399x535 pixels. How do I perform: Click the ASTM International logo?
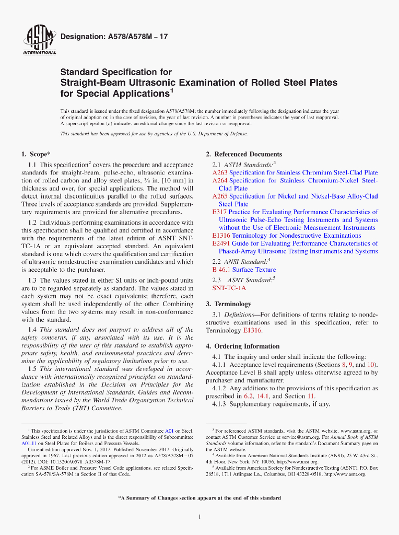pos(40,40)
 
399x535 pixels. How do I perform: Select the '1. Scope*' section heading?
pos(36,154)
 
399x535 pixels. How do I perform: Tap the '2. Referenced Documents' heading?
pos(244,154)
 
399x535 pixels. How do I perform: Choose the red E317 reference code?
pos(219,212)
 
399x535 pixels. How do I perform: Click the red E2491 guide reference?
pos(221,243)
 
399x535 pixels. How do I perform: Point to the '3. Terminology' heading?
pos(228,304)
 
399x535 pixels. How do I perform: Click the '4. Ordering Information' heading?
pos(243,346)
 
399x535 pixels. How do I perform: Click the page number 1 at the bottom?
pos(200,517)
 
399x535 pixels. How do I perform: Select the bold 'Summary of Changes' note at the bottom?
pos(200,498)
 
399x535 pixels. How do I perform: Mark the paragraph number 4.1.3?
pos(222,404)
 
